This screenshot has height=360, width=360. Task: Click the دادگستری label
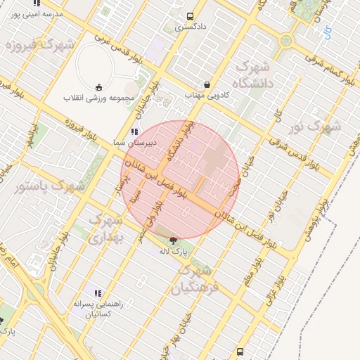(x=191, y=27)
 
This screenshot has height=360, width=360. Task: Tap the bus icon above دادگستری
(x=191, y=16)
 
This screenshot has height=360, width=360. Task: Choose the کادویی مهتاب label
(x=203, y=94)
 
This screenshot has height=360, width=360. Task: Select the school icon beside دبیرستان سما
(x=133, y=131)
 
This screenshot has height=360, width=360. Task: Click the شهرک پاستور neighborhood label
(x=49, y=187)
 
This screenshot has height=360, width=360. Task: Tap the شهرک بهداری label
(x=105, y=229)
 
